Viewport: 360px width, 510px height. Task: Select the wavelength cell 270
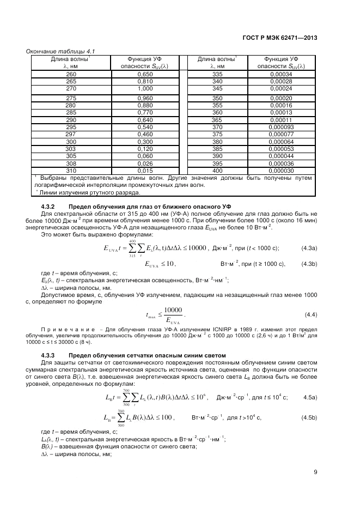point(71,88)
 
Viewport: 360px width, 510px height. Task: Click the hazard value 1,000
point(144,88)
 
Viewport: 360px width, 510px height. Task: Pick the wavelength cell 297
point(70,133)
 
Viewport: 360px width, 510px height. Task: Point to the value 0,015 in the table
point(144,171)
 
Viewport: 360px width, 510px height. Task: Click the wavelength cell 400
point(217,171)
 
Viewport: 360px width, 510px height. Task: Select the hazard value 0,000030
point(281,171)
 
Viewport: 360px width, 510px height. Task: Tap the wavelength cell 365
point(217,120)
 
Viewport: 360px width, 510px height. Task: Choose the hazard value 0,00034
point(281,74)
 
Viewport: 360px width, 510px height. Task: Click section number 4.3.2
point(50,207)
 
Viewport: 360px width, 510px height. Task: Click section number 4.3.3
point(50,355)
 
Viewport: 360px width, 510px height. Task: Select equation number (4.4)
point(310,314)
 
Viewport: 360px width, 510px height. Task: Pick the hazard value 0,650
point(144,74)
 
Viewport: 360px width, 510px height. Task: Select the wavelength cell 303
point(71,149)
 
